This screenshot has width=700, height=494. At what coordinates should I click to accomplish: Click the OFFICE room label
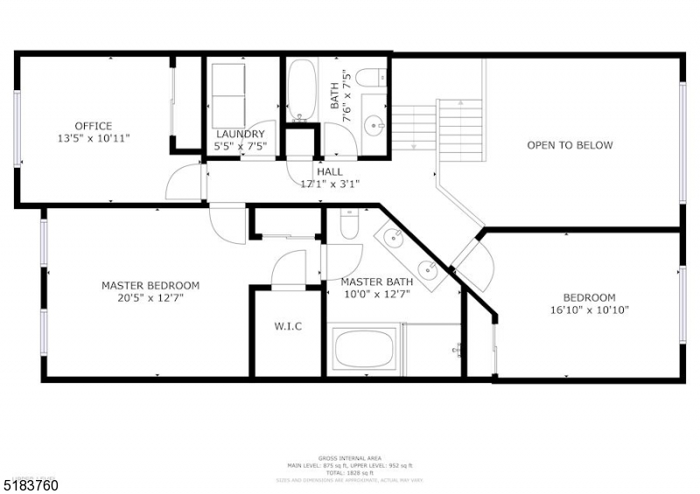coord(93,126)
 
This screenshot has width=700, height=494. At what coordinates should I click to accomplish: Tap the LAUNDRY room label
coord(240,134)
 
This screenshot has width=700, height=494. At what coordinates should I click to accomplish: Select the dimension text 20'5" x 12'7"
coord(150,297)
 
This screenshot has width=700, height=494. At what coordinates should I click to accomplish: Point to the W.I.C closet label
coord(288,326)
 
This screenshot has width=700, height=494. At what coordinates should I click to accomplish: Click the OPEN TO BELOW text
coord(570,145)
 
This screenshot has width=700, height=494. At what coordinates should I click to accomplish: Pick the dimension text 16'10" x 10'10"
coord(589,310)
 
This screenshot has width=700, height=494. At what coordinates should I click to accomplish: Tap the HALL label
coord(330,172)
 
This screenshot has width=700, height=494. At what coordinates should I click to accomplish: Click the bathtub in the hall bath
coord(302,90)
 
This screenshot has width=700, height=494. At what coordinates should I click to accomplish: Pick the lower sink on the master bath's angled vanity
coord(428,268)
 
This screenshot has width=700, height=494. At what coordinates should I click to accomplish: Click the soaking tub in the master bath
coord(365,350)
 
